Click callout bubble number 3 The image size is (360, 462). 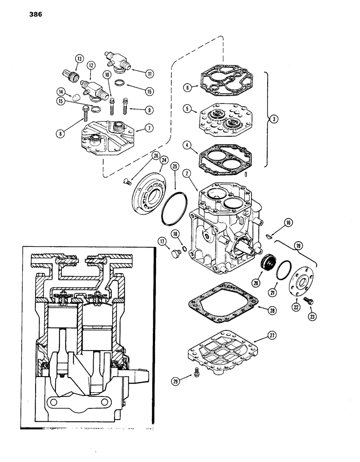(x=274, y=119)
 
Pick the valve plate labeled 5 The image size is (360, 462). (x=222, y=121)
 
